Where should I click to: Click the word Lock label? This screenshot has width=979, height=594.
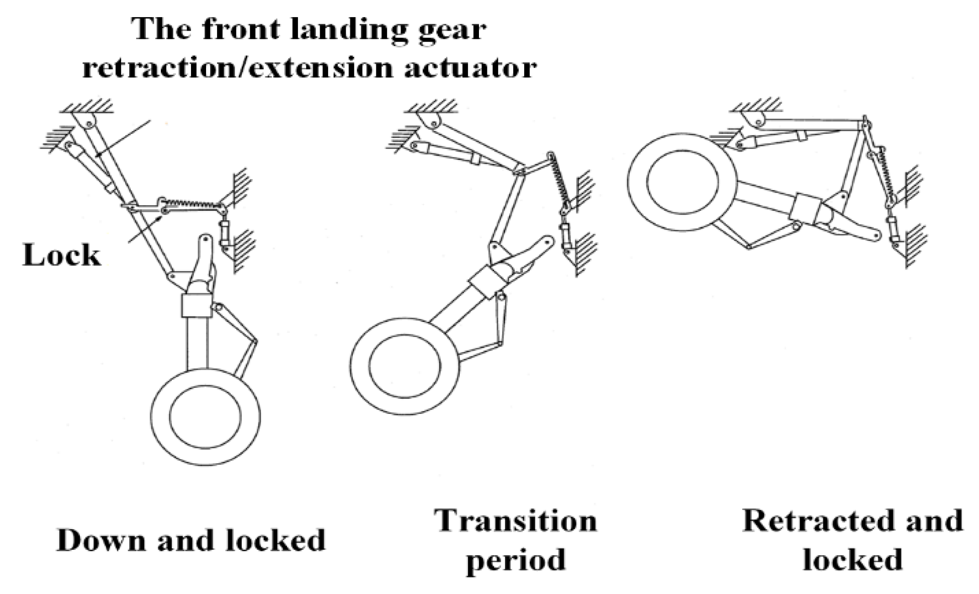[x=61, y=255]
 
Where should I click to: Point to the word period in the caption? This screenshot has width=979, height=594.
[x=516, y=559]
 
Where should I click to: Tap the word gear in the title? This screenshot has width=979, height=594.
[x=454, y=29]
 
